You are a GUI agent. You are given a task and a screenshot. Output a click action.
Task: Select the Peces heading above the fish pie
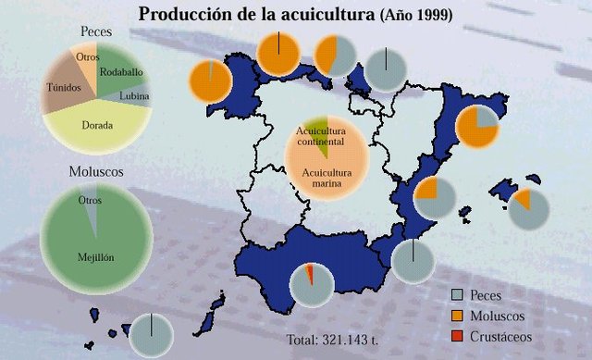pos(95,31)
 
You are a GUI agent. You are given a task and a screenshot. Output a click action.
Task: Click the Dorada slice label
pos(97,122)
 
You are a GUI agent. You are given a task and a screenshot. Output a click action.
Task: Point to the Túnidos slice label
pos(64,88)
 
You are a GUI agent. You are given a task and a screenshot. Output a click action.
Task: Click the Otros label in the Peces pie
pos(88,56)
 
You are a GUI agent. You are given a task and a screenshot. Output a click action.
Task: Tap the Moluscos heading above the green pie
pos(96,172)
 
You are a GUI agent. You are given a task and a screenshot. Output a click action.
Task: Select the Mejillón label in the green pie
pos(95,257)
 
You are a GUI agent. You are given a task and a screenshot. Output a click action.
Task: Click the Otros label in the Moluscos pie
pos(90,200)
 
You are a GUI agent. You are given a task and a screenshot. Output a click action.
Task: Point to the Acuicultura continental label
pos(320,138)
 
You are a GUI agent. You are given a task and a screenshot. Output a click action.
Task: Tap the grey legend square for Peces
pos(455,294)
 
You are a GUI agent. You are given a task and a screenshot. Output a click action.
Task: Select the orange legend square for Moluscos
pos(455,316)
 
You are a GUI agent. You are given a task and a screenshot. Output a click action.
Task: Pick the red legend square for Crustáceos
pos(455,337)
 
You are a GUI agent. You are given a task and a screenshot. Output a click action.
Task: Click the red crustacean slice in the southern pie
pos(310,276)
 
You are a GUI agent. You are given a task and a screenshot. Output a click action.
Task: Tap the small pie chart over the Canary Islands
pos(150,334)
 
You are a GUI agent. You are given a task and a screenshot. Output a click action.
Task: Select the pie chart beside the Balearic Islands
pos(529,208)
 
